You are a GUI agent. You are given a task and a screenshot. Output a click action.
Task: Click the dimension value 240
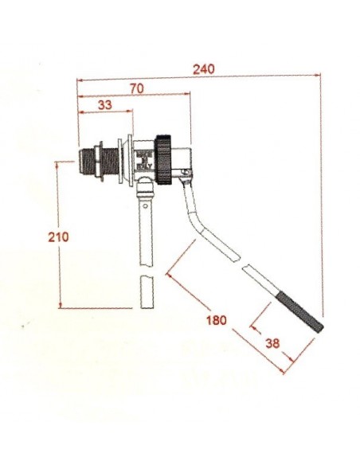pyautogui.click(x=204, y=69)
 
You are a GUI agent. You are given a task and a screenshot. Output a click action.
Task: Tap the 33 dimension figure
pyautogui.click(x=104, y=105)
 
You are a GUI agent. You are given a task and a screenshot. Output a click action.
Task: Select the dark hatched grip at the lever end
pyautogui.click(x=300, y=312)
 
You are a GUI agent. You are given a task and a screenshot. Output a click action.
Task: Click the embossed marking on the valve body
pyautogui.click(x=143, y=159)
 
